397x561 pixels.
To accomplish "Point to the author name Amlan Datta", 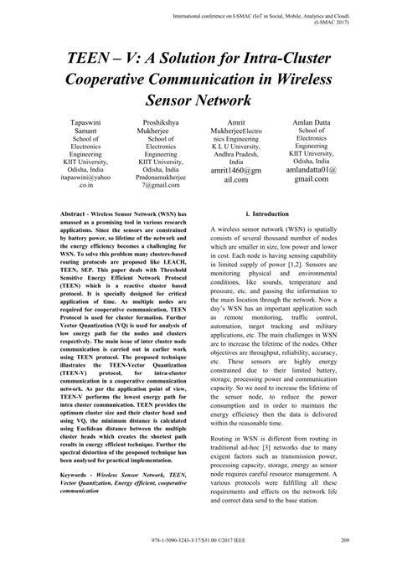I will (x=312, y=123).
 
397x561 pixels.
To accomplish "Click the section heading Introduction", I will (x=272, y=238).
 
